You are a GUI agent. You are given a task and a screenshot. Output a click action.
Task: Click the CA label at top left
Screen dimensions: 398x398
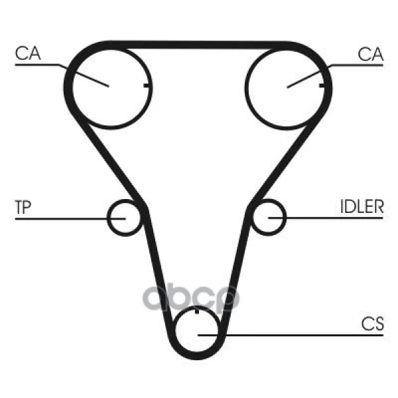point(28,53)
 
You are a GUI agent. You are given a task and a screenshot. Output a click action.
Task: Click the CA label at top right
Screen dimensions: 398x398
point(370,54)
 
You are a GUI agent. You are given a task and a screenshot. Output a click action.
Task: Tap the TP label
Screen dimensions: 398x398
point(23,207)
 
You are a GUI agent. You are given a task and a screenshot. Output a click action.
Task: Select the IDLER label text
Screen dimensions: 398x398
point(362,206)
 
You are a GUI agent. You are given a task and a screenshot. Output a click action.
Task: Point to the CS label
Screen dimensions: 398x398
point(372,324)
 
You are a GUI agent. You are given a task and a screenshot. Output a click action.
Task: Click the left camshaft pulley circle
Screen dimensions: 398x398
point(111,87)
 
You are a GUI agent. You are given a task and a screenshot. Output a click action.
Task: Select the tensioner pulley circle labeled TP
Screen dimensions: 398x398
point(125,218)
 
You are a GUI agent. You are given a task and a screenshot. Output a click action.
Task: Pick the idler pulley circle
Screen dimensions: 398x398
point(268,218)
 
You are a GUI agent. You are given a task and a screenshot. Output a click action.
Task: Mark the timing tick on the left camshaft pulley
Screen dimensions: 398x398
point(147,86)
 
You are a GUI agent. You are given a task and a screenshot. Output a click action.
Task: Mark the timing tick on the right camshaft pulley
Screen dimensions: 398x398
point(322,86)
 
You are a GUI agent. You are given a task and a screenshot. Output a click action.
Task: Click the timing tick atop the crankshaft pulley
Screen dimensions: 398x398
point(197,310)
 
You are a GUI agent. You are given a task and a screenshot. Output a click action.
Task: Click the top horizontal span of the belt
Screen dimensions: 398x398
point(198,44)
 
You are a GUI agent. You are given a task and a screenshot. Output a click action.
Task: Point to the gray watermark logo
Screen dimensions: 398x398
point(191,298)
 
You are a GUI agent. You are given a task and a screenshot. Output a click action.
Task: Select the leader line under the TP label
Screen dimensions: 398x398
point(70,218)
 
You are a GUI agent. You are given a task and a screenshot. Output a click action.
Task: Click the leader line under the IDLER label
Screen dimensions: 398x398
point(326,218)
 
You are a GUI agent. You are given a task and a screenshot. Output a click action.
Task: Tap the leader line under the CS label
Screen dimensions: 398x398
point(291,335)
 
